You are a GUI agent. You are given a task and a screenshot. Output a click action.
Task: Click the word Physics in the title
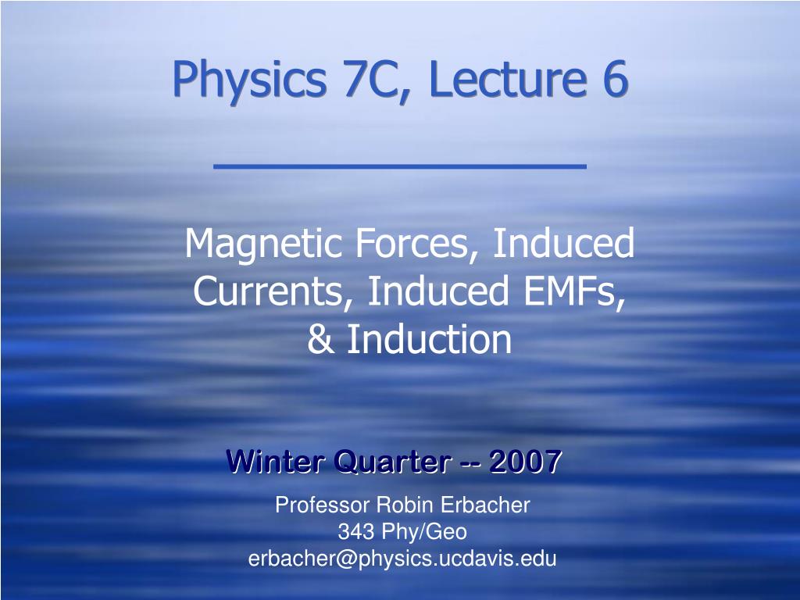point(249,79)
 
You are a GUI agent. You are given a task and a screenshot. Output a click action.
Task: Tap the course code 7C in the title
point(370,79)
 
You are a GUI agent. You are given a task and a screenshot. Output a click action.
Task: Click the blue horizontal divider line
point(400,166)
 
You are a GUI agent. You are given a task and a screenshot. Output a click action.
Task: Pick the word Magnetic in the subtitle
point(262,244)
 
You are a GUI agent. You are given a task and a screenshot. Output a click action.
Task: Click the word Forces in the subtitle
point(412,243)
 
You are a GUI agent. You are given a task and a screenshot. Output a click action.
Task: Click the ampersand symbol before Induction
point(320,339)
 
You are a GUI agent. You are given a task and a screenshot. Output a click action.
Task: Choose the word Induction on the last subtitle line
point(429,338)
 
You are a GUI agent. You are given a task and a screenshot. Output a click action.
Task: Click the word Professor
point(323,505)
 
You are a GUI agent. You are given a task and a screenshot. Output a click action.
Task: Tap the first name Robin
point(405,505)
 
